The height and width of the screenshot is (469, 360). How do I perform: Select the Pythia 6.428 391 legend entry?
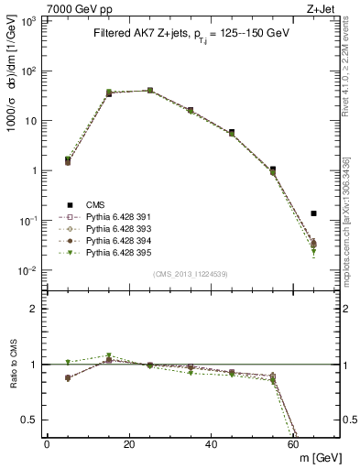[98, 218]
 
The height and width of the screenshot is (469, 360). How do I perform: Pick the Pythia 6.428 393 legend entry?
[98, 229]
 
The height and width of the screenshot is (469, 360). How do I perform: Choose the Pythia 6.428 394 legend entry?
[98, 240]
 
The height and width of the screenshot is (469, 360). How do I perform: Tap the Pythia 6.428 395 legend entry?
[98, 251]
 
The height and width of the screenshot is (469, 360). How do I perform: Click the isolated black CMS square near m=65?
[313, 213]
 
